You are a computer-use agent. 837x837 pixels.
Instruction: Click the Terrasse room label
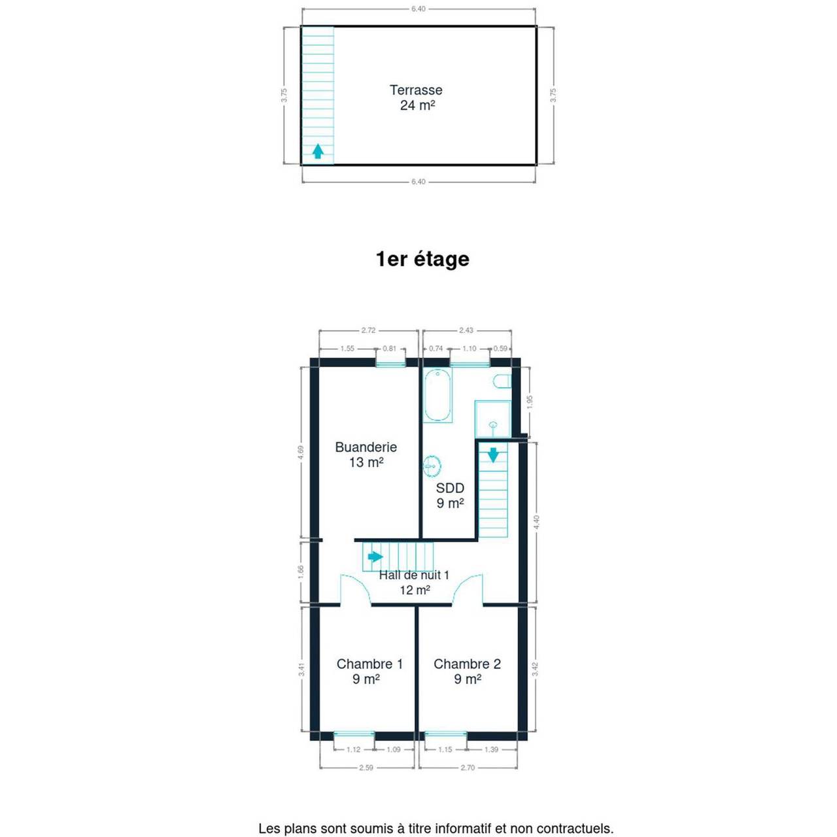(x=416, y=90)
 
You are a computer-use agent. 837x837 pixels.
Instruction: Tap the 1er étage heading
(x=422, y=260)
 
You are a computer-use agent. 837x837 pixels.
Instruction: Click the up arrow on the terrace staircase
(x=318, y=151)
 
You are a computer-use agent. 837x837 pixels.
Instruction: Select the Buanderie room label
(x=366, y=447)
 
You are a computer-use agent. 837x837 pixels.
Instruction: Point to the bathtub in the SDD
(x=438, y=395)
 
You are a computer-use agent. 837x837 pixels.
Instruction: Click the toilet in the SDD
(x=502, y=381)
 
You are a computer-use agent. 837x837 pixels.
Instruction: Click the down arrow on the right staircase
(x=493, y=454)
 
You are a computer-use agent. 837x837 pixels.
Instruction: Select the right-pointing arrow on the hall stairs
(x=375, y=556)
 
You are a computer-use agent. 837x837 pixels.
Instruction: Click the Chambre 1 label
(x=369, y=664)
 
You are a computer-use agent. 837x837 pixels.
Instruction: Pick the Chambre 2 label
(x=467, y=664)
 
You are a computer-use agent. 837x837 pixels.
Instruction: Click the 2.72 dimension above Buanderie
(x=368, y=330)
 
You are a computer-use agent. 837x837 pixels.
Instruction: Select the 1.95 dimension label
(x=528, y=401)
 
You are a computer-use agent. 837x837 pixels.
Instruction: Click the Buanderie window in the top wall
(x=390, y=363)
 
